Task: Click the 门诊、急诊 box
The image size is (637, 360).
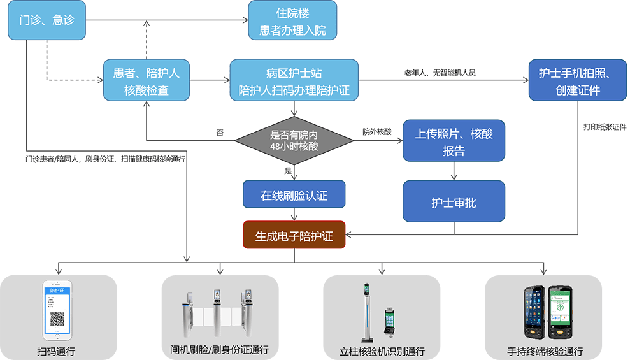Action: tap(47, 20)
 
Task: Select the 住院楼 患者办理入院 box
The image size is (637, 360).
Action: tap(292, 20)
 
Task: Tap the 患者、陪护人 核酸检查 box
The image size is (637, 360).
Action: tap(147, 81)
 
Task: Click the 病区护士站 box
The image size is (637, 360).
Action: tap(294, 81)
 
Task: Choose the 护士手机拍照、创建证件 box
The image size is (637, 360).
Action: tap(578, 81)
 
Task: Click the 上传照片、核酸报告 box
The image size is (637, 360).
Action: tap(454, 141)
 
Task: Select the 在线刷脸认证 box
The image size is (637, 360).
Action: tap(294, 194)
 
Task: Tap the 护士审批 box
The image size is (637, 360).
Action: tap(454, 202)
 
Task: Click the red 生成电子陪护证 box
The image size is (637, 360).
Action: tap(294, 235)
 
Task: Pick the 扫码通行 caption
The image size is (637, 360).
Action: tap(56, 351)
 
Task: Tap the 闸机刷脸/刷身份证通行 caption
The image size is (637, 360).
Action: tap(219, 351)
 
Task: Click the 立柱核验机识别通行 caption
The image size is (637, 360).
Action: tap(382, 351)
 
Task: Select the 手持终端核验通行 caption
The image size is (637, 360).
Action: tap(545, 351)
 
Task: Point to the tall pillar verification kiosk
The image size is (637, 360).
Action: tap(366, 312)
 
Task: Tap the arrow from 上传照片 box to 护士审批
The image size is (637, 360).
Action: tap(454, 170)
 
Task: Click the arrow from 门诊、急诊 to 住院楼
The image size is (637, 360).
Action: tap(166, 20)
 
